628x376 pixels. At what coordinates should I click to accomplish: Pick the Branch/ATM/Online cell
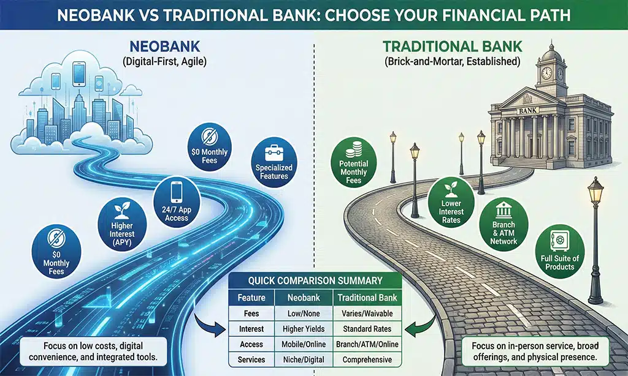point(367,344)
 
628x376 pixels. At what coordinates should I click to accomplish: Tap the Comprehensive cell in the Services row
point(367,360)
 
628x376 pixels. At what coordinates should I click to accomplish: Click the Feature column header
point(251,298)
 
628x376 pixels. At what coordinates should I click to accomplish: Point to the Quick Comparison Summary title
point(315,282)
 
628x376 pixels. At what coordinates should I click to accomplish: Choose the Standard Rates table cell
point(367,329)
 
